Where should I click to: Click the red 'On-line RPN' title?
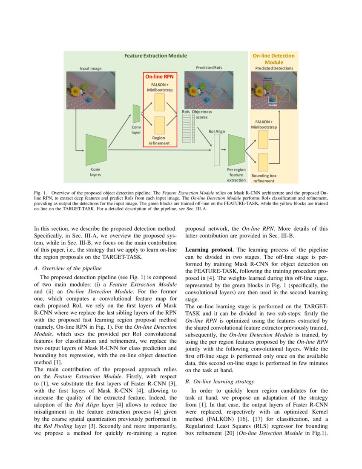[x=159, y=77]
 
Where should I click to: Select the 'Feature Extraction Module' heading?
[x=155, y=56]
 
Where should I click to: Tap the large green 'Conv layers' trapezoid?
[x=96, y=150]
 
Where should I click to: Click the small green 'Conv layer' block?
[x=136, y=113]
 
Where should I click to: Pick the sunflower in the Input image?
[x=77, y=91]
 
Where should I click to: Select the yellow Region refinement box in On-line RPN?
[x=159, y=125]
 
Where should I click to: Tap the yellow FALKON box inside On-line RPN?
[x=159, y=103]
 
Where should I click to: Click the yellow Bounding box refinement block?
[x=263, y=162]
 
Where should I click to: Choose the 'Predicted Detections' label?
[x=274, y=68]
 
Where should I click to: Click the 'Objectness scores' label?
[x=201, y=114]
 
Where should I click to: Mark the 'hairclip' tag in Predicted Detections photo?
[x=273, y=104]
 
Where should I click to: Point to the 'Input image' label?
[x=90, y=68]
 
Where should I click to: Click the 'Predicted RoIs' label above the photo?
[x=209, y=68]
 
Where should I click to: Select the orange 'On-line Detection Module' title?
[x=273, y=59]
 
